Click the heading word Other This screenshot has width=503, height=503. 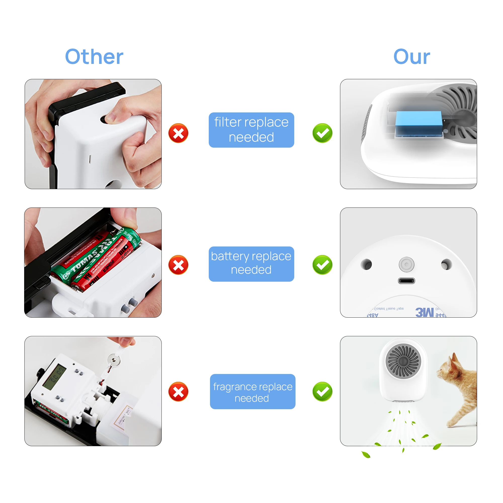94,57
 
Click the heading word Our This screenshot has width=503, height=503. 411,57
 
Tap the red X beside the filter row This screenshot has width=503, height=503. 178,133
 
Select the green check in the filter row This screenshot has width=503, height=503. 322,133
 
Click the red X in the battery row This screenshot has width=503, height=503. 178,265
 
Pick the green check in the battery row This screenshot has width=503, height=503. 322,265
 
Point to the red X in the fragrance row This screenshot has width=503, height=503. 178,392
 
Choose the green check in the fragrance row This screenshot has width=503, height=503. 322,392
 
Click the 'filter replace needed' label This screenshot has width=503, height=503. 251,130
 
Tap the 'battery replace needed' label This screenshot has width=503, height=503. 251,264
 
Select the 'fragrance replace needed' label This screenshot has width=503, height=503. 253,392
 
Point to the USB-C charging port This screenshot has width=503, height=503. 406,281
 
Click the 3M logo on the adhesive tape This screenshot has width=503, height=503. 425,312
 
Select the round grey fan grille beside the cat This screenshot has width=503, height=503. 403,361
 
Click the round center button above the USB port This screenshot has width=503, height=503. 406,265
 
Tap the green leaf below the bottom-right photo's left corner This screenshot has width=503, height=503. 366,455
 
